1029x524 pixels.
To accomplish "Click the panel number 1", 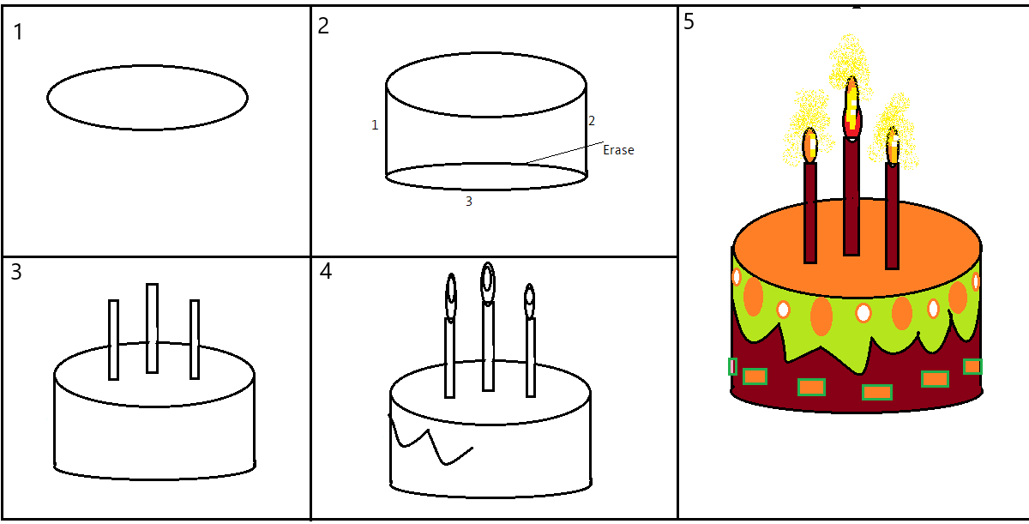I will point(19,33).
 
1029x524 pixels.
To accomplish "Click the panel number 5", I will point(689,22).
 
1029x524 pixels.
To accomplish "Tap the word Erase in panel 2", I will point(618,150).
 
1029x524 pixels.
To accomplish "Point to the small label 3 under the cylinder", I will point(468,202).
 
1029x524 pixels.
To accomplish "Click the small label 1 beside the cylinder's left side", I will point(375,125).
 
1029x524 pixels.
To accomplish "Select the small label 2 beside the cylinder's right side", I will point(592,122).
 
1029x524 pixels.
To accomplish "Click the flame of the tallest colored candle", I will point(851,107).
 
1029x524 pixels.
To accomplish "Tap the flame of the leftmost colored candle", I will point(810,145).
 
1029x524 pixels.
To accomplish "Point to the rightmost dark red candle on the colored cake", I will point(892,214).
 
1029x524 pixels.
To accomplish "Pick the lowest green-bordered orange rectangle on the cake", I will point(877,393).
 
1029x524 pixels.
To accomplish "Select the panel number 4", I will point(325,272).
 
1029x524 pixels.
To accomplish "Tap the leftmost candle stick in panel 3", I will point(113,340).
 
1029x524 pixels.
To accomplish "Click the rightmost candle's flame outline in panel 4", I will point(530,298).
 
